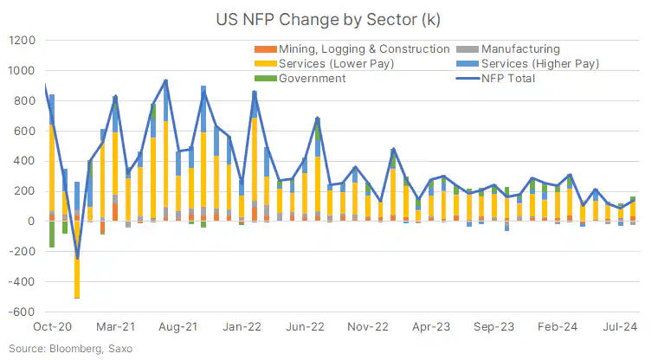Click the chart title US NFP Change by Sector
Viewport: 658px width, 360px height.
(x=329, y=18)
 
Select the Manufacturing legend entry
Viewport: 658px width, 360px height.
(x=520, y=49)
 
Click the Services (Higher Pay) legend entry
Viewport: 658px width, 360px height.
(x=540, y=64)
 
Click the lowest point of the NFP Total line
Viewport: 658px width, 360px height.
(x=77, y=259)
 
